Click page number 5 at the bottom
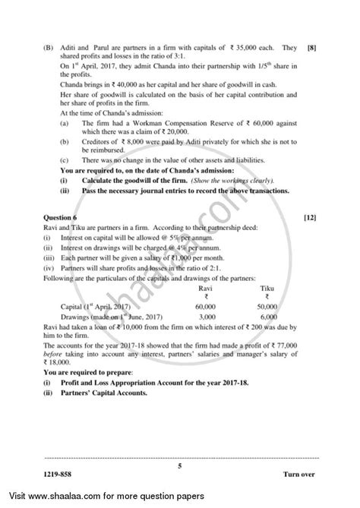(179, 469)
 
